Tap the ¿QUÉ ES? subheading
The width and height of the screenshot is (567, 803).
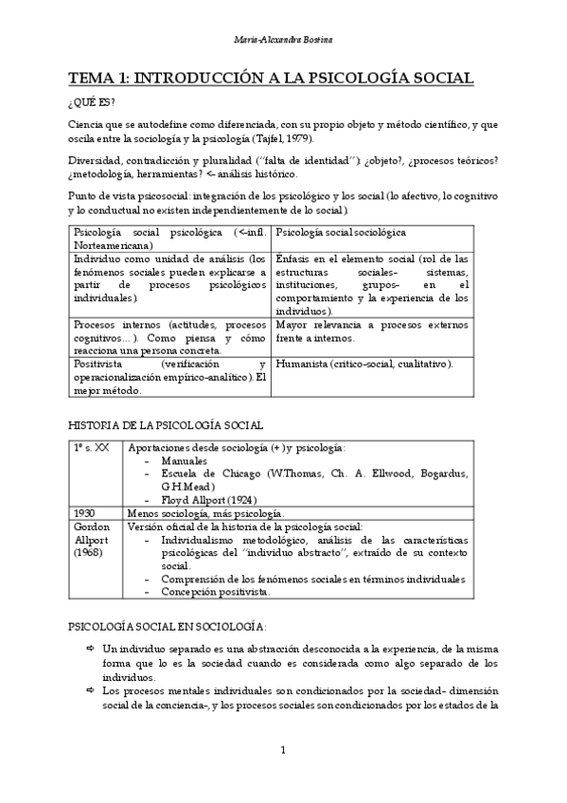[92, 103]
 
